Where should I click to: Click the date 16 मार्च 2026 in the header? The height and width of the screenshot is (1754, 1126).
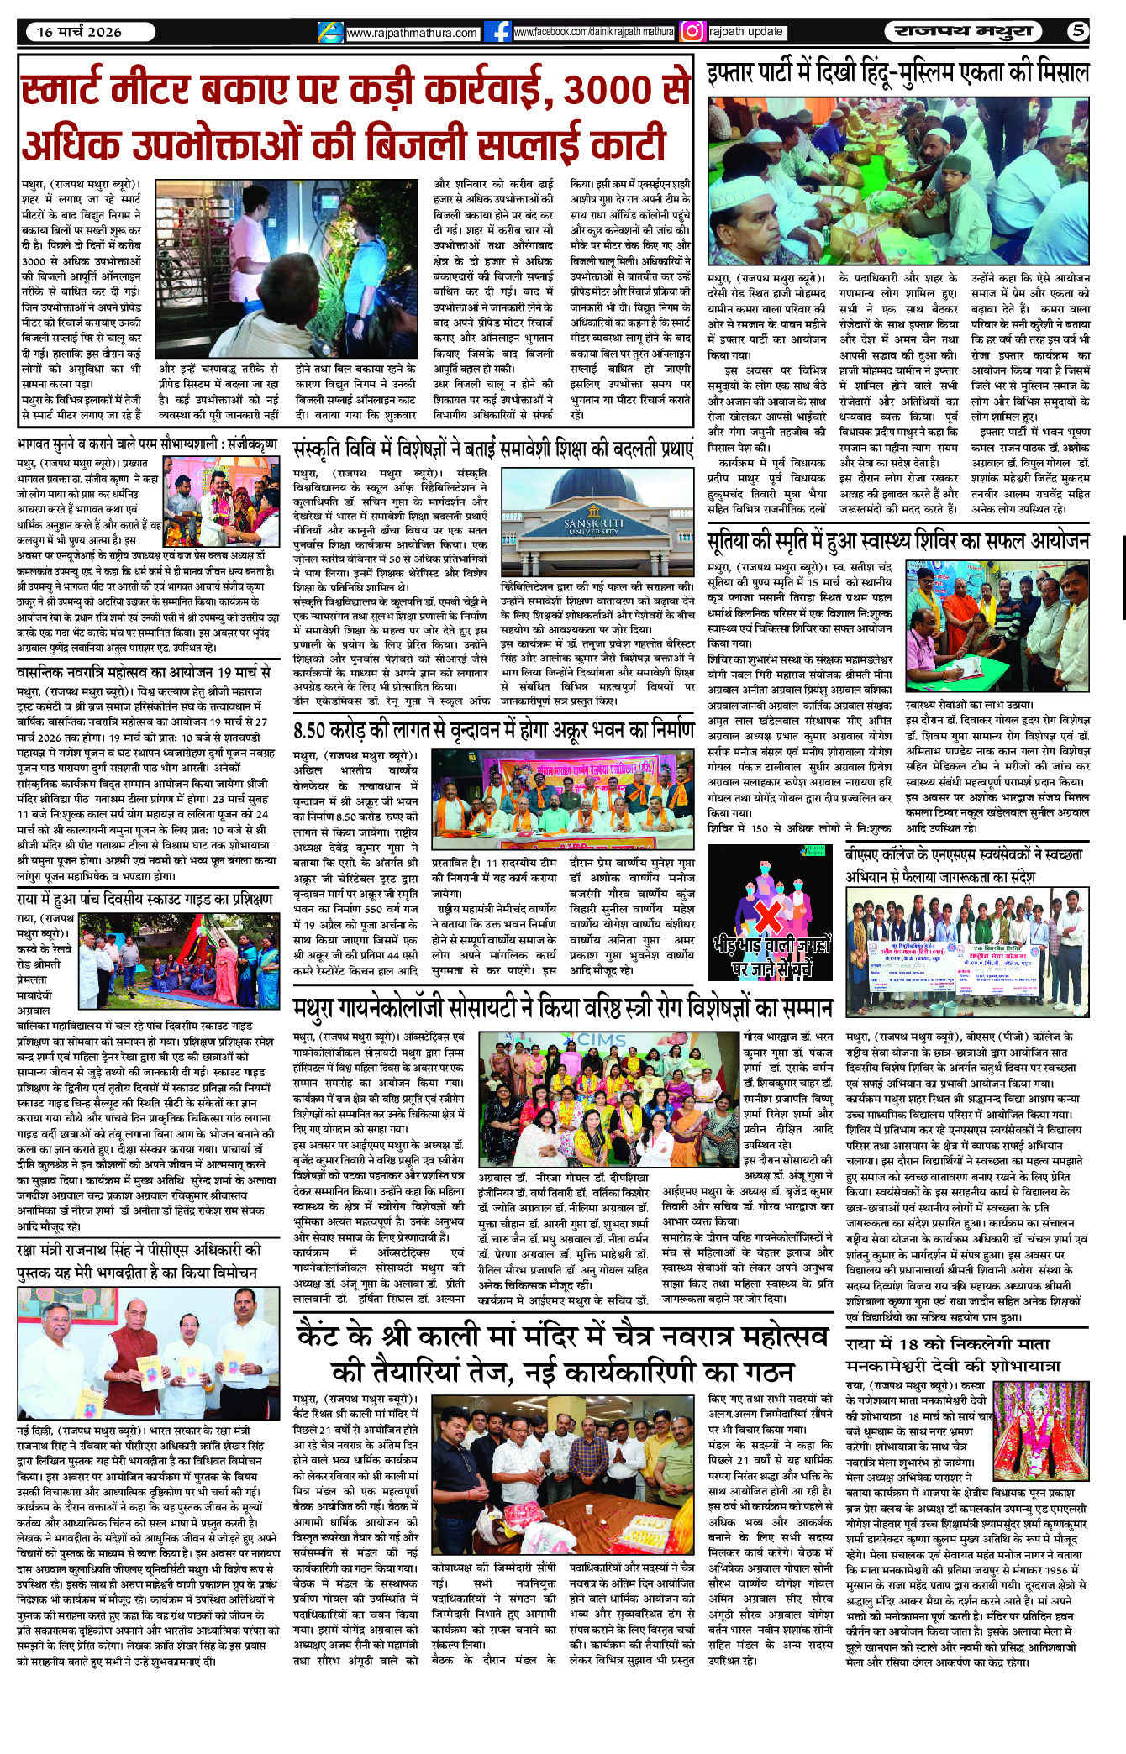[79, 32]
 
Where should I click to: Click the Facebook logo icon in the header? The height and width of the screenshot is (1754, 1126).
[500, 32]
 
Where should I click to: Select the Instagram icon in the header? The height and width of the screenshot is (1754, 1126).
[692, 32]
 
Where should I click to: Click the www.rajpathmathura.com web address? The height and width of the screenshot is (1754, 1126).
[412, 34]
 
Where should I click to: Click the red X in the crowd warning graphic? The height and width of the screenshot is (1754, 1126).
[769, 916]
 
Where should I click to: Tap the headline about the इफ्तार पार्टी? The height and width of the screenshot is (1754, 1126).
[897, 74]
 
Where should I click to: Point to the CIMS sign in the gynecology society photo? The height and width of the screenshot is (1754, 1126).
[601, 1040]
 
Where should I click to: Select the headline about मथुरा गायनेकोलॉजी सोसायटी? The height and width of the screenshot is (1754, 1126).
[562, 1008]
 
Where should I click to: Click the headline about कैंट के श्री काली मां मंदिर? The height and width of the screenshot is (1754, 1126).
[562, 1352]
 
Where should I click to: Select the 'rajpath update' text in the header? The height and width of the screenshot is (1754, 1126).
[746, 32]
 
